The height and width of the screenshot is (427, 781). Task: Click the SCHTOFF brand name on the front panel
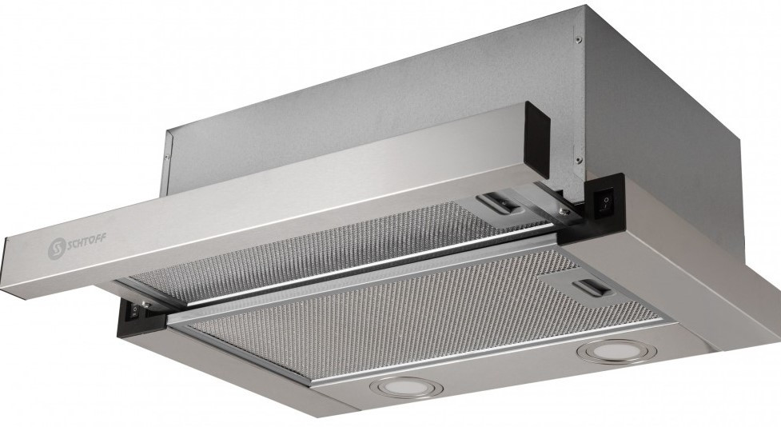pos(86,241)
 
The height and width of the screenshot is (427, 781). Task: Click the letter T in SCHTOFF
pos(86,241)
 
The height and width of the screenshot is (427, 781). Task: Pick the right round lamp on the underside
pos(613,351)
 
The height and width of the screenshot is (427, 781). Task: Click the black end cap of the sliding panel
pos(537,140)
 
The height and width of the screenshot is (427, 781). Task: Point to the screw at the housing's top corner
pos(578,40)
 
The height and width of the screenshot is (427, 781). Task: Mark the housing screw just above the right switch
pos(578,159)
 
